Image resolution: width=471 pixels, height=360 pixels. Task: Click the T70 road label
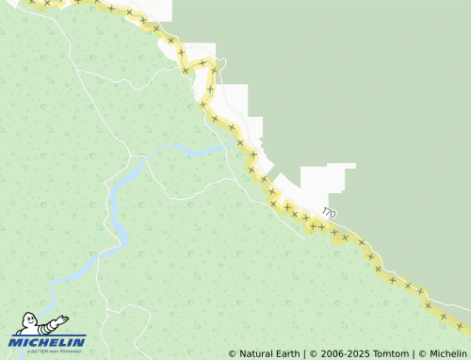click(x=328, y=214)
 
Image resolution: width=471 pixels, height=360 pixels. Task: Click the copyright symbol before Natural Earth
click(x=233, y=353)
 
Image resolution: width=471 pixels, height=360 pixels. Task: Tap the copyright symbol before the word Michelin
click(x=422, y=353)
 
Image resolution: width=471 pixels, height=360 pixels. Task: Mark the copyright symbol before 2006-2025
click(x=316, y=353)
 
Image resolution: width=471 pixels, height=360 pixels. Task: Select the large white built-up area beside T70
click(x=320, y=184)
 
